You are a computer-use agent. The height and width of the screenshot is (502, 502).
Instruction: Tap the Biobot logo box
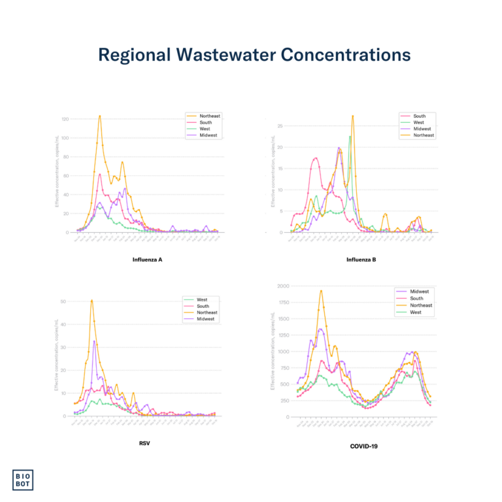(24, 479)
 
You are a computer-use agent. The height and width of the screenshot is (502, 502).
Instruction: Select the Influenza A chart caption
(146, 259)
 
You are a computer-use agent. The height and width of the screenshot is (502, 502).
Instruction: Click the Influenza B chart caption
(361, 259)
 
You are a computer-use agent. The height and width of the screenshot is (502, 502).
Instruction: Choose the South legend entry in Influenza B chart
(419, 116)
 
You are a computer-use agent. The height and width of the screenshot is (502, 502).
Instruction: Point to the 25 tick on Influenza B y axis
(280, 126)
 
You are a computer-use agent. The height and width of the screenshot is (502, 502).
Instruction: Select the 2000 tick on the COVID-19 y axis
(282, 286)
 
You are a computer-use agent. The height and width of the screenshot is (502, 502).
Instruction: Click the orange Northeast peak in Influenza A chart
(99, 116)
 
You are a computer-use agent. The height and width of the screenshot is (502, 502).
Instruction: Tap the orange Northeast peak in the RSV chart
(92, 300)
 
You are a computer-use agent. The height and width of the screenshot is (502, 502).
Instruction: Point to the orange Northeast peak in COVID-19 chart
(321, 290)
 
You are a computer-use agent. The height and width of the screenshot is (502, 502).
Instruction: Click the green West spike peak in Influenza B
(350, 137)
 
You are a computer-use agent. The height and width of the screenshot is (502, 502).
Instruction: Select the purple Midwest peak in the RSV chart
(94, 341)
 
